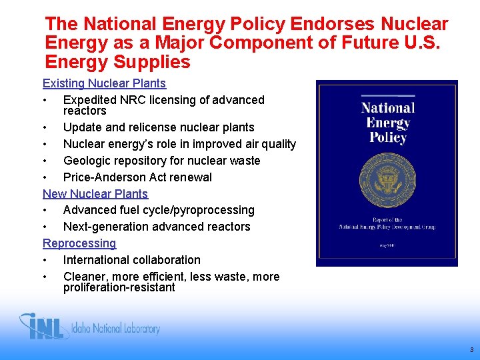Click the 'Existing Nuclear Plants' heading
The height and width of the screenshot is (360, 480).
click(104, 84)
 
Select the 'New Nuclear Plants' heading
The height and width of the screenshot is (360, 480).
click(95, 194)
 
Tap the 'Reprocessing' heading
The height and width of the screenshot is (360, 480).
click(79, 243)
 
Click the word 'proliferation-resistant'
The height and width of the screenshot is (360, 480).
click(119, 288)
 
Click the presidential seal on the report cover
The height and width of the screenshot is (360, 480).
click(387, 177)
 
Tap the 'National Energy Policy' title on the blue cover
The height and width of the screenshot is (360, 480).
click(387, 123)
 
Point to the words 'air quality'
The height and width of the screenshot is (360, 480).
click(269, 144)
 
